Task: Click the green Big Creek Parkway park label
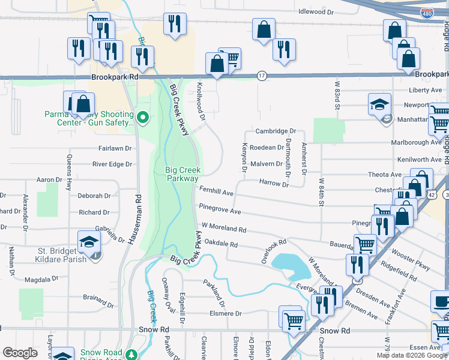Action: pos(182,174)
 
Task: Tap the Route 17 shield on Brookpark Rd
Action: pos(262,76)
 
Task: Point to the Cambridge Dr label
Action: pos(276,131)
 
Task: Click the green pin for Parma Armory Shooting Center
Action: pos(143,117)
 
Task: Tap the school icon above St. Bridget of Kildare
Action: pos(88,243)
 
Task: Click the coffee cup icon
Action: pos(441,301)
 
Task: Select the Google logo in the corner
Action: pos(20,353)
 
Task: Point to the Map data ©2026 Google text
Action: pos(412,355)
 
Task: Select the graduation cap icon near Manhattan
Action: pos(379,104)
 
